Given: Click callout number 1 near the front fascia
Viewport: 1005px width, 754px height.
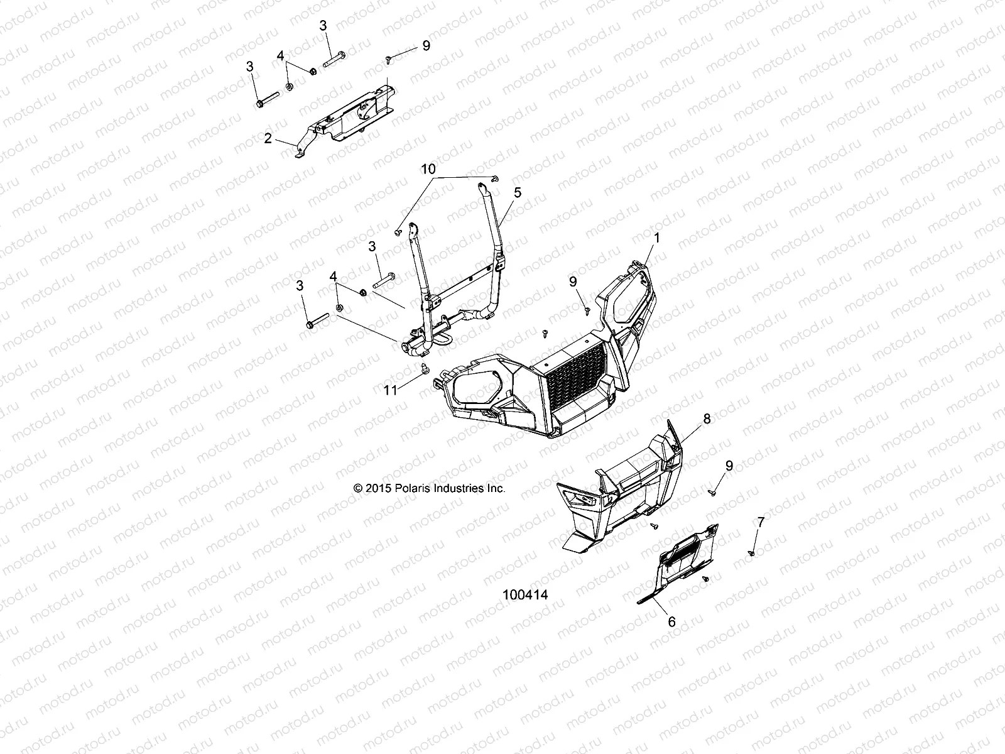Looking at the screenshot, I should click(657, 238).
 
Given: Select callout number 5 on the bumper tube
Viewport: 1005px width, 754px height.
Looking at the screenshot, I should click(517, 194).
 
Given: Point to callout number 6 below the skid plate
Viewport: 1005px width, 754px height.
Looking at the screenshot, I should click(671, 621).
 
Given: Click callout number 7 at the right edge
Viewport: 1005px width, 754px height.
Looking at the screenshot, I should click(761, 522).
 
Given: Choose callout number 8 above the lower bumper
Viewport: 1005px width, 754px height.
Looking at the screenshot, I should click(707, 418).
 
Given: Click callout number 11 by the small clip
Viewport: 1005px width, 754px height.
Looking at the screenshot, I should click(391, 390).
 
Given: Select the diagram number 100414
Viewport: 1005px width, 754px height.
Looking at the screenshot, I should click(526, 594).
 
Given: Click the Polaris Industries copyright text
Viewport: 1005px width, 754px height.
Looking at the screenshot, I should click(430, 488).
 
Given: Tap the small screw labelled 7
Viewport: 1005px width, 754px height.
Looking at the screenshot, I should click(751, 553).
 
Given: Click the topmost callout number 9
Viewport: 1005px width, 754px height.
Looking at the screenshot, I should click(426, 45).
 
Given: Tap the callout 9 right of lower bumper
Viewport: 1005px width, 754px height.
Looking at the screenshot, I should click(729, 466).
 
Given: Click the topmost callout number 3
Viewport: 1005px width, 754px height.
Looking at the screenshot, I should click(323, 26).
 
